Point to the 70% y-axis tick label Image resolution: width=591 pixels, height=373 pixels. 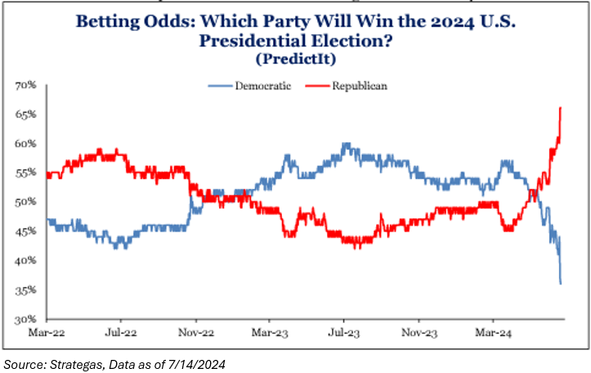[x=25, y=85]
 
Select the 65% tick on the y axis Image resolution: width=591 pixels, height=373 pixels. [x=25, y=115]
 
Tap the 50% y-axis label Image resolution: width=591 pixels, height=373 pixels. [x=25, y=202]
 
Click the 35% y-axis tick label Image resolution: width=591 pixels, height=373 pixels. [x=25, y=290]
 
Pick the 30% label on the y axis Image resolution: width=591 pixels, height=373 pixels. [x=25, y=319]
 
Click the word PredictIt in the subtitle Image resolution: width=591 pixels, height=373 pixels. [x=297, y=59]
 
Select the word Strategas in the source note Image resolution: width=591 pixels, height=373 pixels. [x=69, y=362]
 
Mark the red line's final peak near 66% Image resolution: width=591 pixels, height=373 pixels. [x=560, y=108]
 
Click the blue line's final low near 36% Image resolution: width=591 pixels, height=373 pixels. [x=561, y=284]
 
